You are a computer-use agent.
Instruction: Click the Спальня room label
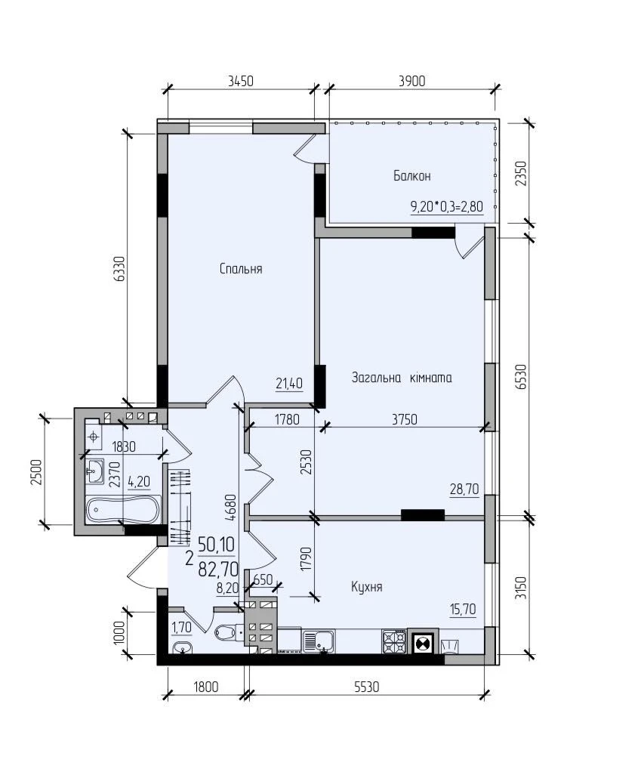click(241, 269)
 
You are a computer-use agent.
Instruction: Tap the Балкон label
click(411, 175)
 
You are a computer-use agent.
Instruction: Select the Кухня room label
click(367, 587)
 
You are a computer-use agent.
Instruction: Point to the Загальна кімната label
click(402, 378)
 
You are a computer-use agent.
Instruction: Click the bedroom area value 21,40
click(289, 383)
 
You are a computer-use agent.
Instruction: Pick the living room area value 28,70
click(464, 489)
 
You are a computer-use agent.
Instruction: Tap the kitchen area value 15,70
click(463, 610)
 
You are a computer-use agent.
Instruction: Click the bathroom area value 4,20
click(139, 481)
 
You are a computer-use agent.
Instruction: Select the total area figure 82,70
click(218, 569)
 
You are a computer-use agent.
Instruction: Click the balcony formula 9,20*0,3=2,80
click(447, 206)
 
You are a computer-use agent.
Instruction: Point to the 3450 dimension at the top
click(241, 81)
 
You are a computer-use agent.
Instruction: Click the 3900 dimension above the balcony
click(411, 81)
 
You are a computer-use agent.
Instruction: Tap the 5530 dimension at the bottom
click(366, 687)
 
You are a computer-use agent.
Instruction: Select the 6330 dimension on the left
click(119, 269)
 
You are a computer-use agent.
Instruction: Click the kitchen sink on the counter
click(319, 641)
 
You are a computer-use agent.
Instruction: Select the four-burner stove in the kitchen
click(394, 641)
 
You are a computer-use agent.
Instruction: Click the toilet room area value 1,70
click(181, 628)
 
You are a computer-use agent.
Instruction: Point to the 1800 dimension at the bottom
click(205, 687)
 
